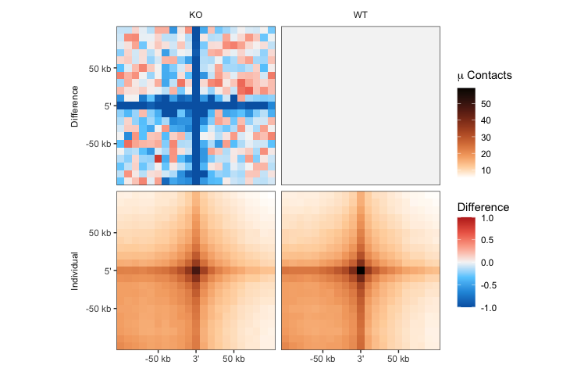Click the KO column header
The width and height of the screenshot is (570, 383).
pos(195,16)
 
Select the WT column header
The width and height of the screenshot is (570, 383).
pos(360,16)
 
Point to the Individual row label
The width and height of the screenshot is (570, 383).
pos(75,271)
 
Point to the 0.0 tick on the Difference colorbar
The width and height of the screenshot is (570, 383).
pos(486,263)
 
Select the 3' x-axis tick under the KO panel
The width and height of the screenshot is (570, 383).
pos(195,359)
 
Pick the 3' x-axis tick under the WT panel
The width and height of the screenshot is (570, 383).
pos(360,359)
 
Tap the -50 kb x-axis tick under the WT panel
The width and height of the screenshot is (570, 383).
pos(322,359)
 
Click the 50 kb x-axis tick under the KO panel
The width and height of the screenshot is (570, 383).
pos(233,359)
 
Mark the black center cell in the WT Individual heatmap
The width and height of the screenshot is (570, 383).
pos(361,270)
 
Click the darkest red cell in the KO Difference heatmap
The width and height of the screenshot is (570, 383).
pos(158,159)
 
